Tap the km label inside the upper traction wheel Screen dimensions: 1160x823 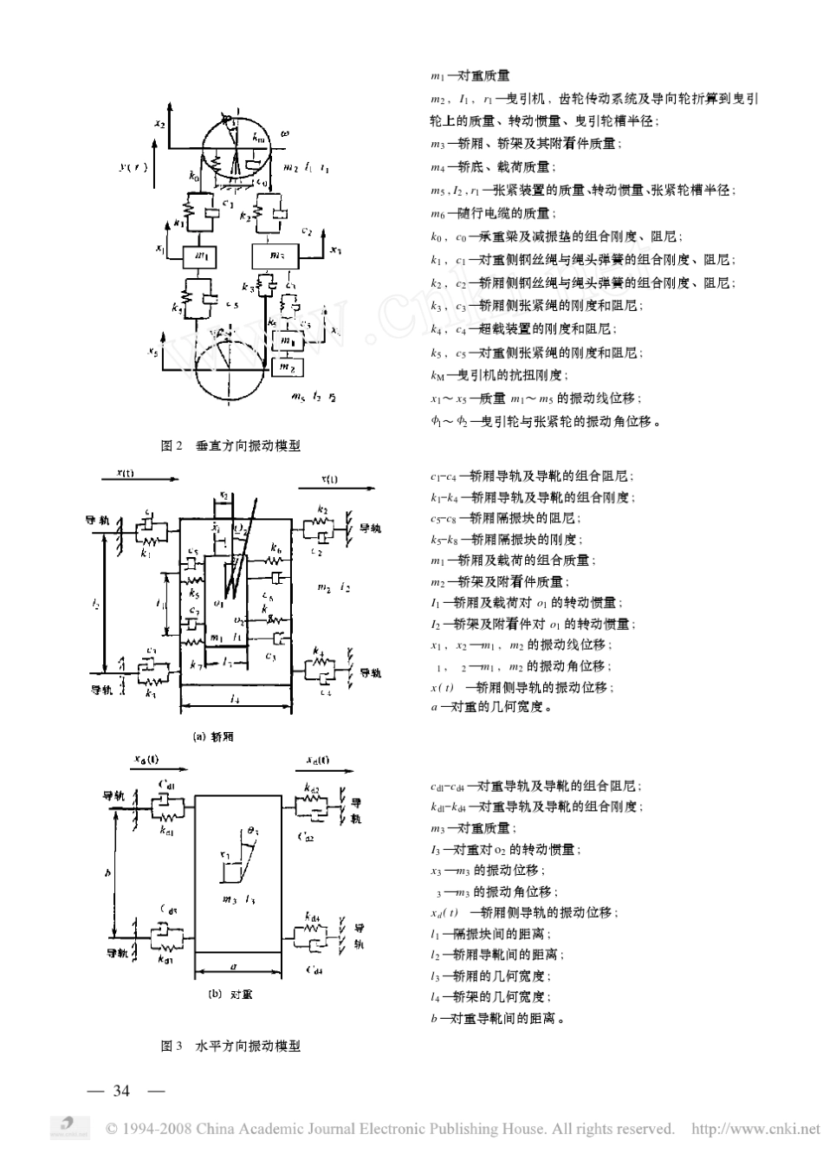tap(258, 137)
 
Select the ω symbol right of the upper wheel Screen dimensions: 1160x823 tap(285, 134)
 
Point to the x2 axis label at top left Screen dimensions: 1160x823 tap(159, 125)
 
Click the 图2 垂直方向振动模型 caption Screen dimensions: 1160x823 tap(230, 444)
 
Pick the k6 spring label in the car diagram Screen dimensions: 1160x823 tap(275, 549)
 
